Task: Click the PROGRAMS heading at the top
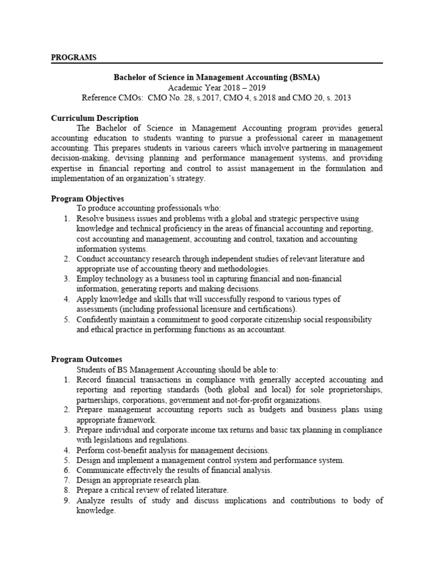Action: point(73,57)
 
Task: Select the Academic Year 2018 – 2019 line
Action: point(216,87)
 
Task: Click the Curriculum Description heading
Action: point(94,118)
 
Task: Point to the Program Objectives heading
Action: point(88,199)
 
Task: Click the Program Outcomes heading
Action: point(86,359)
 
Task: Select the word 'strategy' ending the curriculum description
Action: point(191,178)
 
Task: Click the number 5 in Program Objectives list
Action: point(66,319)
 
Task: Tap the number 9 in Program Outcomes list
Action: point(66,501)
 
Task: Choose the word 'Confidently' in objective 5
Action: point(98,319)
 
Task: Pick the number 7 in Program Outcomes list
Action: point(66,480)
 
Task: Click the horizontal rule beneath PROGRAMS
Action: point(216,63)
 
